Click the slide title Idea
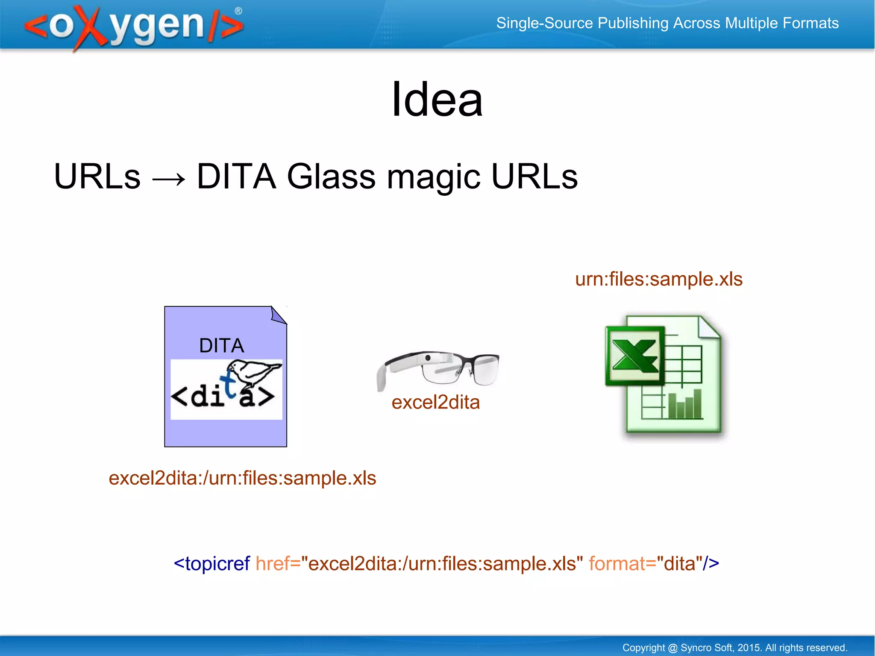coord(437,100)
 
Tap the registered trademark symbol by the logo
coord(238,11)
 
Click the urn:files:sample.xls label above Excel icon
coord(658,279)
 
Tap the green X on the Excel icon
coord(634,355)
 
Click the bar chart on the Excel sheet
coord(684,404)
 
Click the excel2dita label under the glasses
coord(435,402)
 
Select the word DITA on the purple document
coord(221,345)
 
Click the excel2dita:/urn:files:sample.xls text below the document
coord(242,478)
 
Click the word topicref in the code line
coord(217,563)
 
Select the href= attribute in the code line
coord(278,563)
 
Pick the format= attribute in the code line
coord(622,563)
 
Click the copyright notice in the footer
coord(734,647)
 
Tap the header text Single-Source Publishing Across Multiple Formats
coord(667,23)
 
